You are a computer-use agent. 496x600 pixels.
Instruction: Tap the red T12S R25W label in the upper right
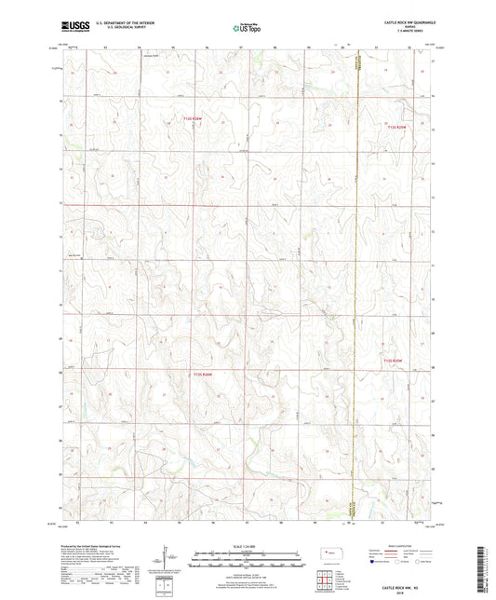click(x=398, y=127)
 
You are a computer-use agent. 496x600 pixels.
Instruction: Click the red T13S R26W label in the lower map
click(x=203, y=375)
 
